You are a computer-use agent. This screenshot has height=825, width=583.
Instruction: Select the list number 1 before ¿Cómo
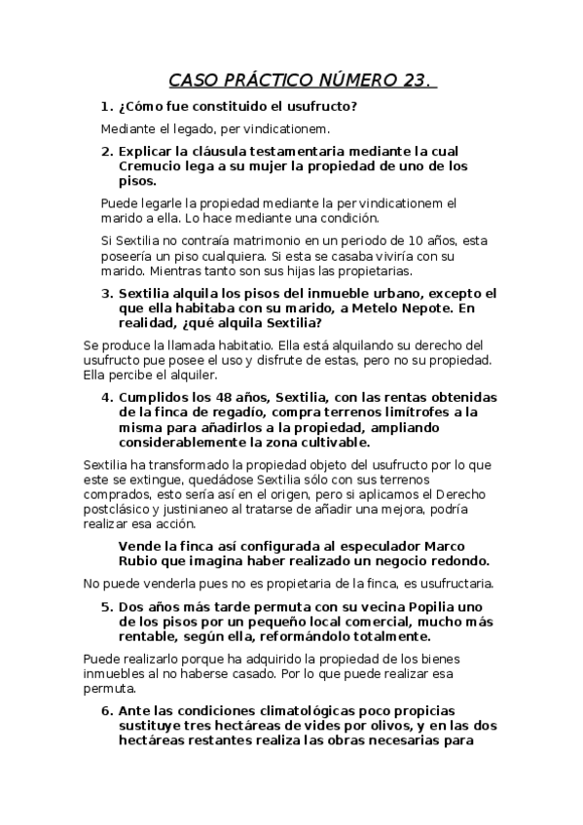pyautogui.click(x=105, y=106)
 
